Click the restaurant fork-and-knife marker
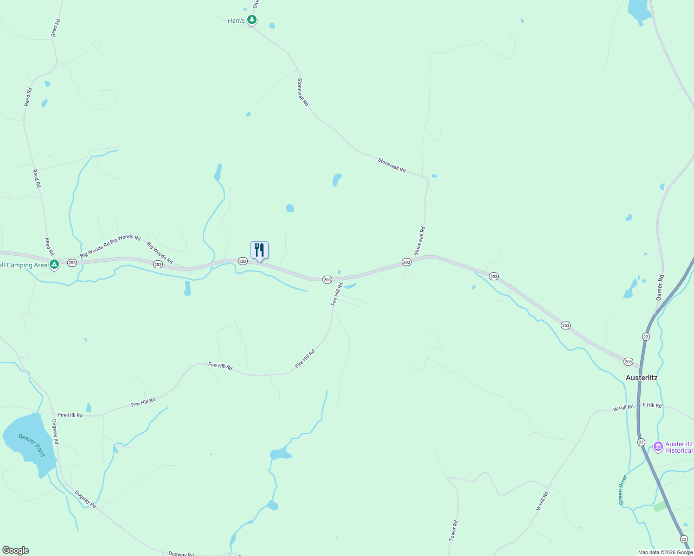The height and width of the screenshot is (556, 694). [259, 250]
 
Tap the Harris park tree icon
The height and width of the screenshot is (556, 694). [252, 20]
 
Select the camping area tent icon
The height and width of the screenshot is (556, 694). [54, 265]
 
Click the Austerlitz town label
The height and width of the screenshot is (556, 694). [641, 378]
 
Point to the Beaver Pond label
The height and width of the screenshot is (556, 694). [32, 445]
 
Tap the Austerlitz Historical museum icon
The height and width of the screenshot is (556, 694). [658, 447]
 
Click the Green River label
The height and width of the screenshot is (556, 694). [623, 490]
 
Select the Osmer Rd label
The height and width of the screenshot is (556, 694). [660, 288]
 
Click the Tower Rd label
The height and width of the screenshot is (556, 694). [453, 531]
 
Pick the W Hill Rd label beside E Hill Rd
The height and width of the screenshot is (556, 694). [623, 408]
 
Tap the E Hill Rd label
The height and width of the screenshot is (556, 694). [652, 405]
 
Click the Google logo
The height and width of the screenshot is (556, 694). [15, 550]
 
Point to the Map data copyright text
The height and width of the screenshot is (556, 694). [665, 552]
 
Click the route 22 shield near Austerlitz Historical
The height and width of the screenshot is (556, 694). [641, 442]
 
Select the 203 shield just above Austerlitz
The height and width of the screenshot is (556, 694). [628, 361]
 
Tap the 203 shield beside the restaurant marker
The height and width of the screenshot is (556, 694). [243, 261]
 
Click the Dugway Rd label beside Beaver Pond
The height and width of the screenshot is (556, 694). [55, 432]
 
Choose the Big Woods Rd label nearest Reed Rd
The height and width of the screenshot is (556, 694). [95, 249]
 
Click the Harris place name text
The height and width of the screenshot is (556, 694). [236, 21]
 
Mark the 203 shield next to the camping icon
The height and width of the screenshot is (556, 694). [72, 263]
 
